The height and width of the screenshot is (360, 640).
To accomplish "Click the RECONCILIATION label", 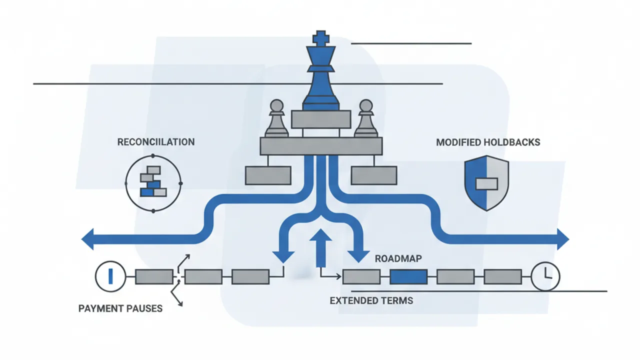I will pos(156,142).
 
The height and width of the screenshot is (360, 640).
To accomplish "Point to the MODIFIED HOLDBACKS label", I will pos(488,142).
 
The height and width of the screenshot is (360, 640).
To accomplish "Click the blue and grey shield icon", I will pos(486,182).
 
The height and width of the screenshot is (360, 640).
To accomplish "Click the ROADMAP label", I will pos(398,259).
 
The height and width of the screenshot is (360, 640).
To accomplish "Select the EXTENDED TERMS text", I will pos(371,300).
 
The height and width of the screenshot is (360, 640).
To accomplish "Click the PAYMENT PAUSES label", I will pos(120,308).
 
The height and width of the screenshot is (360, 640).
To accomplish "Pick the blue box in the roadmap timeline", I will pos(408,276).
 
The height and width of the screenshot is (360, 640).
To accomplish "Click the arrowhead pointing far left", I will pos(89,238).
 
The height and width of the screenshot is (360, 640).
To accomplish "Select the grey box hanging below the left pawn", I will pos(267,175).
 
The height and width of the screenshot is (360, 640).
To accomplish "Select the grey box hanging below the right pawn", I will pos(374,175).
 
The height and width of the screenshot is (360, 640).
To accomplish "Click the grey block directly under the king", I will pos(321,119).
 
